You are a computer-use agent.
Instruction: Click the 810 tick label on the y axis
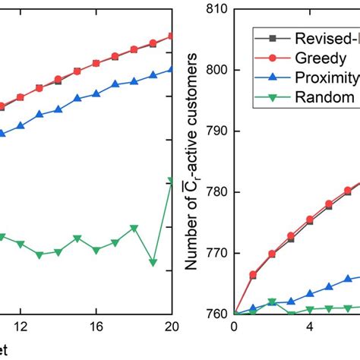point(216,8)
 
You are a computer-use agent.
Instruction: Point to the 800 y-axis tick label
point(216,70)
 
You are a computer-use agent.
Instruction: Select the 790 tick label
point(216,131)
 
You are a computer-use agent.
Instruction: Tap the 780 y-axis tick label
point(216,192)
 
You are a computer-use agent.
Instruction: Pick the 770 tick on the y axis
point(216,253)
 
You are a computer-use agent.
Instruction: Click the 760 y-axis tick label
point(216,314)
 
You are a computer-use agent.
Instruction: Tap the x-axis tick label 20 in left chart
point(170,327)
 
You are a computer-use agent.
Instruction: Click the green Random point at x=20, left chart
point(172,181)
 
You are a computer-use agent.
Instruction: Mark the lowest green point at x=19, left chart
point(153,262)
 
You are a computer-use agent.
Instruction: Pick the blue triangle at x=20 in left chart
point(172,69)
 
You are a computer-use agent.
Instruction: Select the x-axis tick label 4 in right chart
point(310,327)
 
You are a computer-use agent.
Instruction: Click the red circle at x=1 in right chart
point(253,274)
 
